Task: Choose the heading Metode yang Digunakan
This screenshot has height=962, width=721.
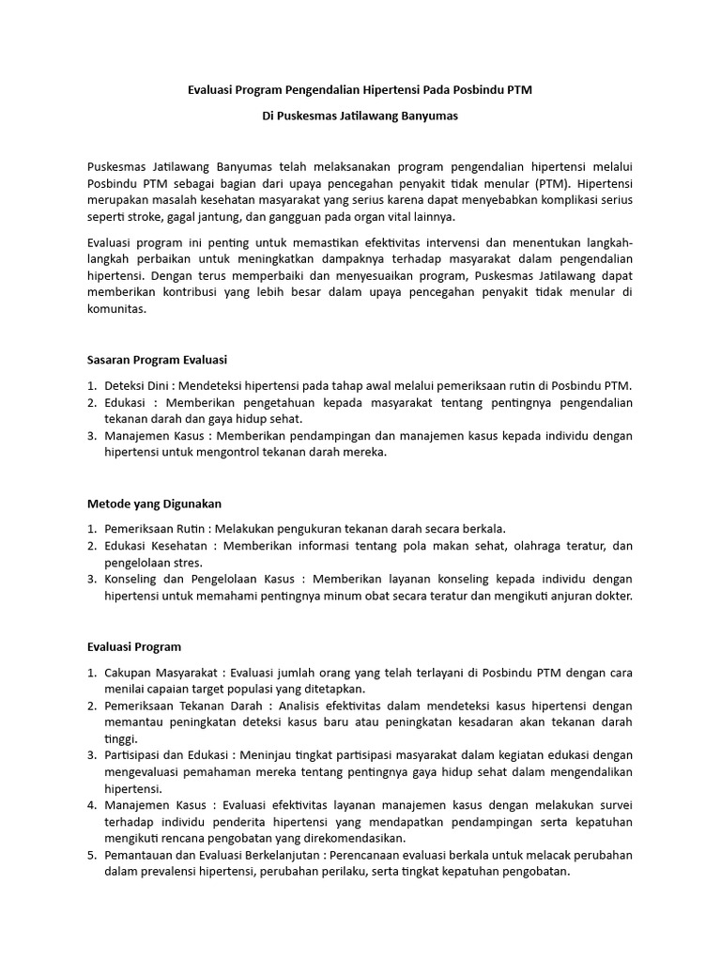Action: tap(154, 504)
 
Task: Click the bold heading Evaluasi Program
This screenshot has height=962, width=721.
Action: tap(133, 647)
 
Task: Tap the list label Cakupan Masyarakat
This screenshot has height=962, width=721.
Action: tap(161, 673)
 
